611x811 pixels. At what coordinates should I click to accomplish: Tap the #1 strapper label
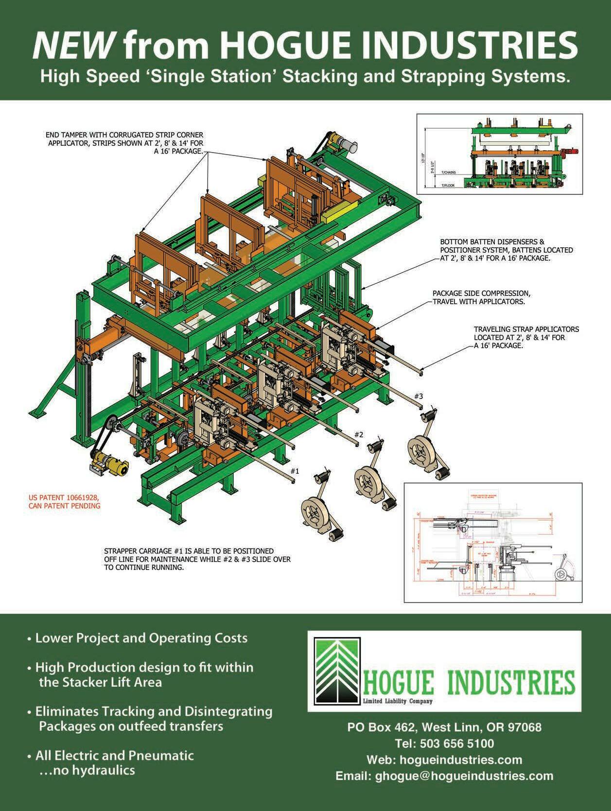[295, 471]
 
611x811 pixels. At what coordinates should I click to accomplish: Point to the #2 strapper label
[359, 434]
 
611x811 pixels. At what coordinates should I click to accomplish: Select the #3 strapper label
[419, 396]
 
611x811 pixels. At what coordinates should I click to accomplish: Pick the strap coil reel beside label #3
[420, 450]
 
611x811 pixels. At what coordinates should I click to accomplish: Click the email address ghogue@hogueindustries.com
[464, 776]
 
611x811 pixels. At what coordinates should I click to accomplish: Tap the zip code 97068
[524, 727]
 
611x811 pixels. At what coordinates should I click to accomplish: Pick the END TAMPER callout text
[125, 142]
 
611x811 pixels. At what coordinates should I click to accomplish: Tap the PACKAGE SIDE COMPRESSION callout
[481, 297]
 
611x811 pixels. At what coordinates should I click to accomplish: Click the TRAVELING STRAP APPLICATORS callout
[526, 337]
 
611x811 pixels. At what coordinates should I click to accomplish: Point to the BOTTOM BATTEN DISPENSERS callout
[506, 250]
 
